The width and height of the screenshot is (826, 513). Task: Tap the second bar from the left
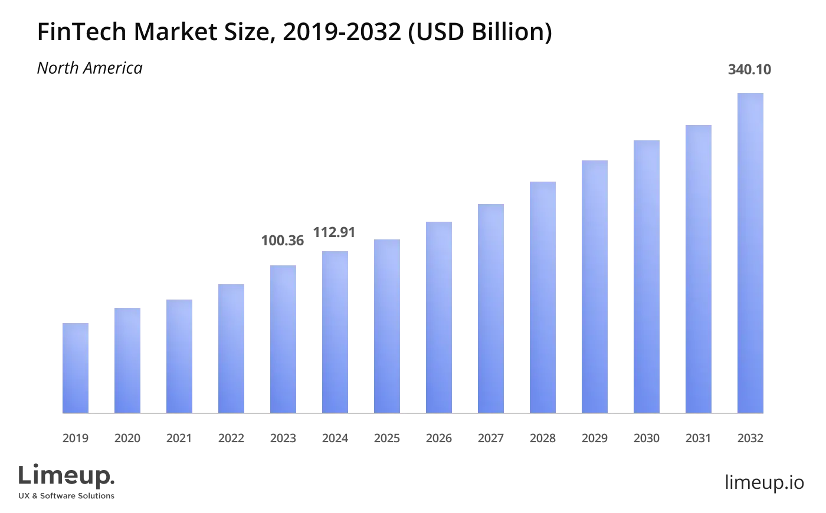127,360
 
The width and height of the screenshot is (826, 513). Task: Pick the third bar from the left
179,356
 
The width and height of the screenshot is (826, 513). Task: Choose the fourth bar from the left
231,348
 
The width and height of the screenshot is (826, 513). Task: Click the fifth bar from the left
283,339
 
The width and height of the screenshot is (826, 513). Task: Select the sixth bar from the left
335,332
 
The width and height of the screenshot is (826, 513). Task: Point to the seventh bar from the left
387,325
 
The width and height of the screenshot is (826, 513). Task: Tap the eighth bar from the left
439,318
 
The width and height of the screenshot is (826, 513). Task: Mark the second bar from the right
699,268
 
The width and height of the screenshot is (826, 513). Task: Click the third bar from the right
647,275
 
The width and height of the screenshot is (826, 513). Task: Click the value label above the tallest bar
750,68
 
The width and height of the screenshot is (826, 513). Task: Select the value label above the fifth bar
283,239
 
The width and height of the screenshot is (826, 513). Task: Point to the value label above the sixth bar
334,234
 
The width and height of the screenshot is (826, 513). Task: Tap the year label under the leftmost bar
76,436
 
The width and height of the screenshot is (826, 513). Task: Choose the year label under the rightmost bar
750,436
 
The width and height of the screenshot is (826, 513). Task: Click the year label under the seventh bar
387,436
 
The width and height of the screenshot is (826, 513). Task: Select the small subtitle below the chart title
90,68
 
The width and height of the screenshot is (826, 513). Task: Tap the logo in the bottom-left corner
68,481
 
